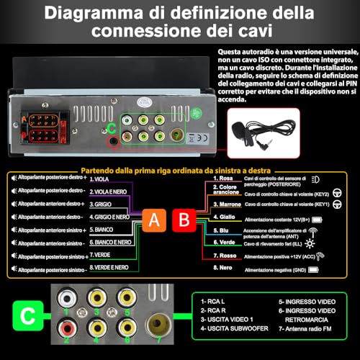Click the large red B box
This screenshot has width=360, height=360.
[x=185, y=222]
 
